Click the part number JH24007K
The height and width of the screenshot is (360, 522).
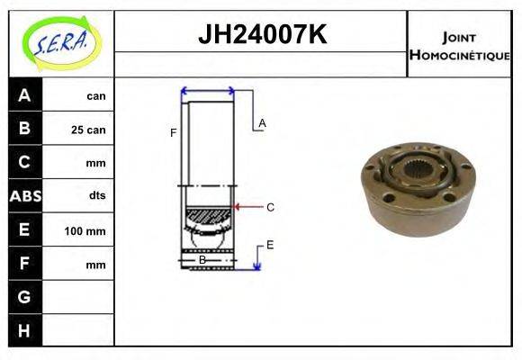coord(261,35)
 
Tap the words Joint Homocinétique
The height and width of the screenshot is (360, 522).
coord(459,45)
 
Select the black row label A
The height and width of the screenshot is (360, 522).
coord(24,94)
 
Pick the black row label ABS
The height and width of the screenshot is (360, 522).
coord(24,195)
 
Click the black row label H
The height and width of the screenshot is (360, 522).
coord(24,330)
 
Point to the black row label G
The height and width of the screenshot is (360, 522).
coord(24,297)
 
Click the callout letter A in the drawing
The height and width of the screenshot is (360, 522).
coord(262,122)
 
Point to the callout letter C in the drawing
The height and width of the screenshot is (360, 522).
coord(270,207)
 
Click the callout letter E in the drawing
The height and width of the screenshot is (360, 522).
coord(269,244)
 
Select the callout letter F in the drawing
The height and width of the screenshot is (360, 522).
coord(173,133)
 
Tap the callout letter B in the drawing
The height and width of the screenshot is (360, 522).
coord(202,259)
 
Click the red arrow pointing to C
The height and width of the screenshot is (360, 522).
coord(246,207)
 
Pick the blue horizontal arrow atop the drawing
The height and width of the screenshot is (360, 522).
coord(208,90)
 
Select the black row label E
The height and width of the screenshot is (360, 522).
coord(24,229)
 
